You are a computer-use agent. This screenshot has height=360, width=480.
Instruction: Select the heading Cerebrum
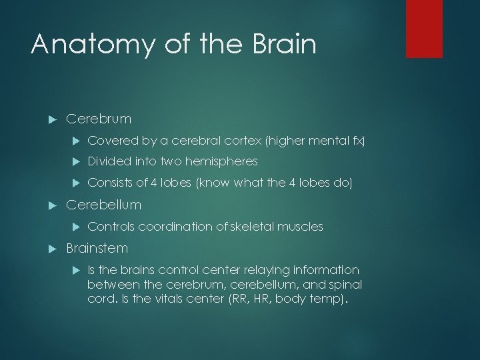click(99, 119)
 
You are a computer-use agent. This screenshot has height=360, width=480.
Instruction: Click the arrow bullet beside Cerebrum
click(51, 119)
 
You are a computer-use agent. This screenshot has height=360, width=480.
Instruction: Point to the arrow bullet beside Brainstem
click(51, 249)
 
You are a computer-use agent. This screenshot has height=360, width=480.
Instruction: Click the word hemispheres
click(225, 161)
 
